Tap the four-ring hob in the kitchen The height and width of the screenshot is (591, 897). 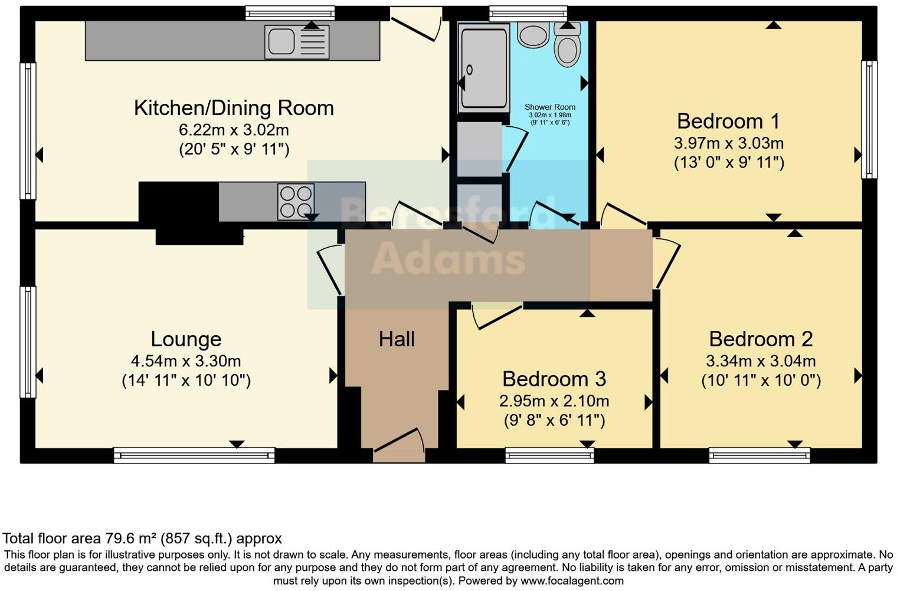(x=296, y=202)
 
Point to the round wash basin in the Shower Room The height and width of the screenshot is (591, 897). (x=533, y=34)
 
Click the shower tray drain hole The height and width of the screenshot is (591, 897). (x=469, y=70)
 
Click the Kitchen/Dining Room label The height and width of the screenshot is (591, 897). (x=234, y=108)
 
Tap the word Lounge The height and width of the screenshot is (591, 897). (x=186, y=339)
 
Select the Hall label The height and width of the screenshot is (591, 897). (x=397, y=339)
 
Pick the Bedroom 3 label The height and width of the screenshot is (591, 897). (x=554, y=379)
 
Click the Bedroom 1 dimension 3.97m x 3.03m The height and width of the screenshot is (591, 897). (x=729, y=143)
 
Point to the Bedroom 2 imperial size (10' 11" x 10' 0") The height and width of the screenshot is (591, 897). (x=761, y=380)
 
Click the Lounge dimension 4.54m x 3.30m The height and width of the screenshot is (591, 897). (x=186, y=361)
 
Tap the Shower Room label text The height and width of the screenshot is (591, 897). (x=550, y=107)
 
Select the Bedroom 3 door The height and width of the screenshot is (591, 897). (x=496, y=316)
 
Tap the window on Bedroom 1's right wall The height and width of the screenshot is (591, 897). (x=869, y=120)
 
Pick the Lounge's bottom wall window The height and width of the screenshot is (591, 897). (x=194, y=455)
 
